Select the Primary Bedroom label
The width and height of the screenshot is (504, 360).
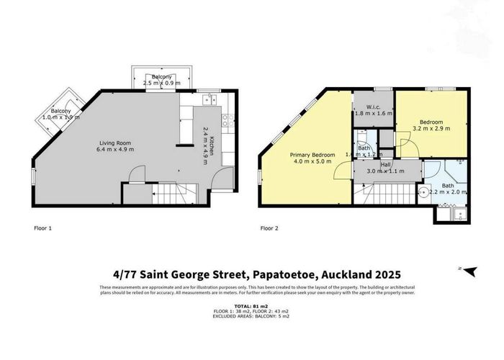311,158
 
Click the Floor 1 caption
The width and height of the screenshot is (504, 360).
44,228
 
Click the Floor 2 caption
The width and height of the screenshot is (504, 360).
269,228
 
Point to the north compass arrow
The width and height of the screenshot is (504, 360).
469,271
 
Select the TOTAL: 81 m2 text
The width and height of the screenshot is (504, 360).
251,306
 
